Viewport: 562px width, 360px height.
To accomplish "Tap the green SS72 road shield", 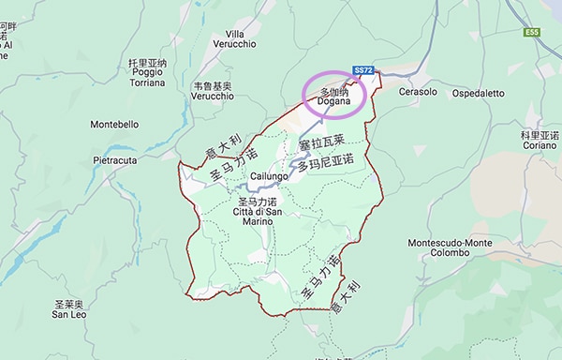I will click(364, 70).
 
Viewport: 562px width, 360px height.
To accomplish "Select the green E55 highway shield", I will click(532, 32).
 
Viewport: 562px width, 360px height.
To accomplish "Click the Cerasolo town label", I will click(418, 93).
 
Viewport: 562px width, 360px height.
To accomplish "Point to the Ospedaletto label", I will click(479, 93).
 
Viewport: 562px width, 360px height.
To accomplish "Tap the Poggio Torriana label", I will click(147, 78).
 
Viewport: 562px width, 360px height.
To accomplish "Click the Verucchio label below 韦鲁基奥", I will click(213, 96).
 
